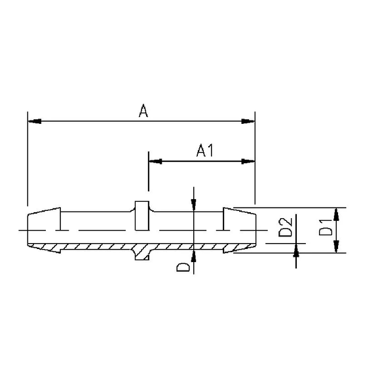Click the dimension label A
(x=143, y=111)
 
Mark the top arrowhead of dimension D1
(x=336, y=214)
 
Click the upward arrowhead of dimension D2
(x=297, y=249)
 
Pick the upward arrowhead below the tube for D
(x=194, y=255)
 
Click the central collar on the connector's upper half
(x=142, y=216)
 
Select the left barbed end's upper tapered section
(x=43, y=219)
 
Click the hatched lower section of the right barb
(x=238, y=247)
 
